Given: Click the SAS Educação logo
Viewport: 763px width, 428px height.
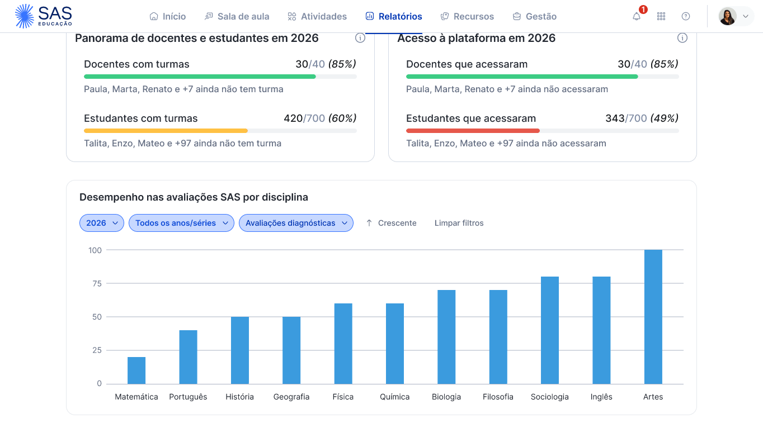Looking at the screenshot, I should coord(44,16).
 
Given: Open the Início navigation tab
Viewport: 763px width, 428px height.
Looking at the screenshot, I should coord(168,16).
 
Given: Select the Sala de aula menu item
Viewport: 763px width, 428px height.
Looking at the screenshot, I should coord(237,16).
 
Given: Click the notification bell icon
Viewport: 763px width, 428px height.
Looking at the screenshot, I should coord(637,16).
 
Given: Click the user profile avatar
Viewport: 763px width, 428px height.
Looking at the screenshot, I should coord(727,16).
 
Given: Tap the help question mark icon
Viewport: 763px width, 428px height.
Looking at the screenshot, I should coord(686,16).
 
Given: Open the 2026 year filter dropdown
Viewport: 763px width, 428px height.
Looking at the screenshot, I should coord(102,223).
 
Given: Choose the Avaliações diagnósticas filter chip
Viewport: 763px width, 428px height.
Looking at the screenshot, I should coord(296,223).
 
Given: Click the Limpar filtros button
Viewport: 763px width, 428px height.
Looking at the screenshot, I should coord(459,223).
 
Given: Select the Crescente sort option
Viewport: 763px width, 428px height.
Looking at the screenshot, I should coord(391,223).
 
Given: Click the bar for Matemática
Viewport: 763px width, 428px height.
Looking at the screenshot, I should coord(136,370).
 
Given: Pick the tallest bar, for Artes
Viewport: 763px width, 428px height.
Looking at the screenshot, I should coord(653,317).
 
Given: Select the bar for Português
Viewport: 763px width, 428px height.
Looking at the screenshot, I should coord(188,357).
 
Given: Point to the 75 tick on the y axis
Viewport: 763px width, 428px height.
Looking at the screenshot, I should coord(96,283).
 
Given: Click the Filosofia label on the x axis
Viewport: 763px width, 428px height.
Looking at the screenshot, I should coord(498,397).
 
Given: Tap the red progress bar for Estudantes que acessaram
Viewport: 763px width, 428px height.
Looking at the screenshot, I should coord(473,131).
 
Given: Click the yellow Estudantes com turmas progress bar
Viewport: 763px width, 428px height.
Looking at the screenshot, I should coord(166,131).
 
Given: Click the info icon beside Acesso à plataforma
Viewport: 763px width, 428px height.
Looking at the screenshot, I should coord(682,38).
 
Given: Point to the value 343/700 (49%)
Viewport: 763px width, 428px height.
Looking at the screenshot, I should coord(642,118).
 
